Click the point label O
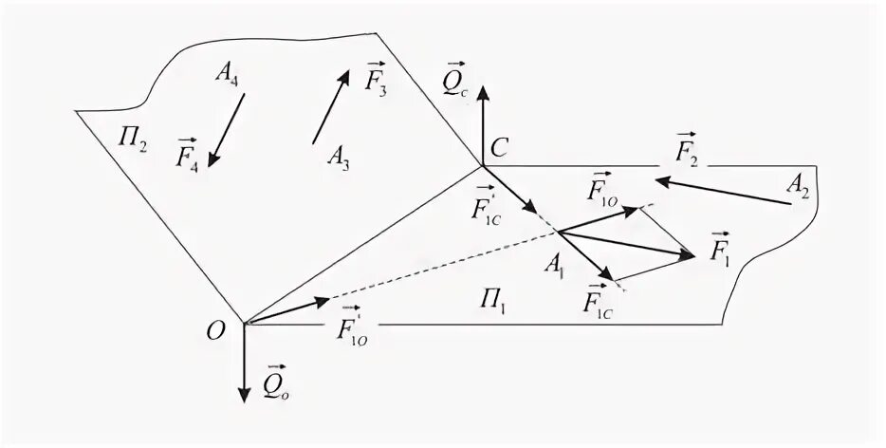(x=217, y=329)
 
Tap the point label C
(x=502, y=147)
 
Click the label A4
(x=226, y=75)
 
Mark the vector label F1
(x=721, y=248)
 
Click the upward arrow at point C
(x=483, y=123)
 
